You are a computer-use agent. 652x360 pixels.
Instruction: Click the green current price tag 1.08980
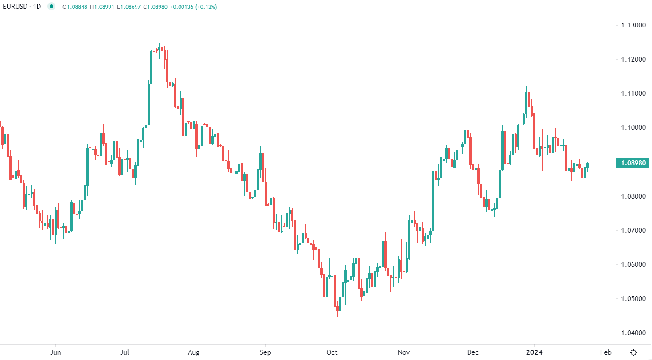coord(632,163)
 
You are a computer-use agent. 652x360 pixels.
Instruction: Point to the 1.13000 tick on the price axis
coord(632,25)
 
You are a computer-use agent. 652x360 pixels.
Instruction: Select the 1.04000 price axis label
coord(632,333)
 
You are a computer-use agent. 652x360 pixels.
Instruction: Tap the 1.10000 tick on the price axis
coord(632,128)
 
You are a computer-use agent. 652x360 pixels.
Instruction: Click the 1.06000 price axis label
coord(632,264)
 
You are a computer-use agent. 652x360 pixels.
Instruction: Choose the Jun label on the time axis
coord(55,352)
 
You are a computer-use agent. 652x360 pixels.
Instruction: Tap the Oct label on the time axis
coord(332,352)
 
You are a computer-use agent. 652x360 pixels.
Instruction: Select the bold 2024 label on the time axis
coord(534,352)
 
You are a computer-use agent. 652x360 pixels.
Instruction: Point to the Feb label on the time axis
coord(605,352)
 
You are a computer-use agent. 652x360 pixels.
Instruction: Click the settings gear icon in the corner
coord(634,352)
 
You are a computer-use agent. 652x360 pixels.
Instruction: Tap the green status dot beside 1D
coord(51,7)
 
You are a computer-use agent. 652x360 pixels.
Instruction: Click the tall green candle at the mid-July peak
coord(152,67)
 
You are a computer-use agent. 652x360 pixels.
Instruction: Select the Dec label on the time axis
coord(473,352)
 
